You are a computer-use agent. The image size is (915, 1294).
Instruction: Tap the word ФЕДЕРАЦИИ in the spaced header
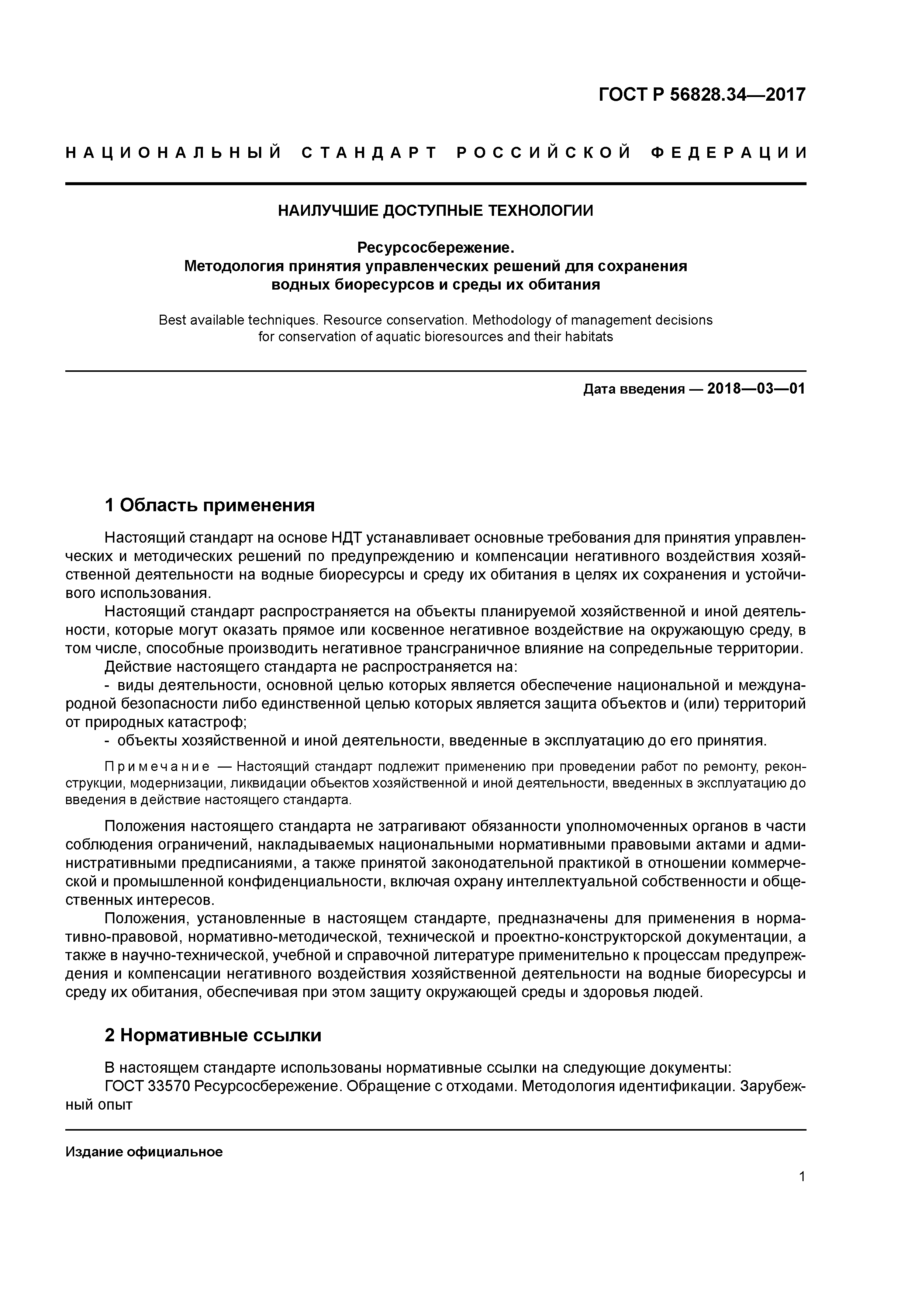pyautogui.click(x=728, y=153)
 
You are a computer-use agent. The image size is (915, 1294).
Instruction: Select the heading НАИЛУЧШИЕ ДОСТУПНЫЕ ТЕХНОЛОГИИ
pyautogui.click(x=435, y=211)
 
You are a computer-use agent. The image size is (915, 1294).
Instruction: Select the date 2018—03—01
pyautogui.click(x=756, y=389)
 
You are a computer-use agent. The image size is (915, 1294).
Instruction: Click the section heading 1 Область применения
pyautogui.click(x=210, y=505)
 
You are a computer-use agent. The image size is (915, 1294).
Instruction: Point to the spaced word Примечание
pyautogui.click(x=157, y=767)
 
